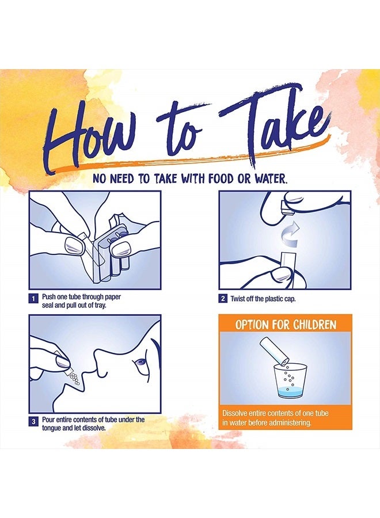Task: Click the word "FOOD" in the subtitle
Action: coord(222,179)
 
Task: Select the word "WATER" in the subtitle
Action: coord(269,179)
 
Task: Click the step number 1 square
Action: coord(33,299)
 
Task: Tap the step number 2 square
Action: coord(223,299)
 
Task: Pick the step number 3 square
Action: coord(33,422)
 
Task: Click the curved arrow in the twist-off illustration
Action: coord(290,234)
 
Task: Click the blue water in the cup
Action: coord(290,392)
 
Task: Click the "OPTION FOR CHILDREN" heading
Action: coord(286,325)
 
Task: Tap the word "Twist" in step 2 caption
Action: coord(237,299)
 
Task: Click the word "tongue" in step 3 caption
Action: coord(52,428)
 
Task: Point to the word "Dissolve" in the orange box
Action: coord(234,413)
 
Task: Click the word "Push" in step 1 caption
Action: coord(48,296)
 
